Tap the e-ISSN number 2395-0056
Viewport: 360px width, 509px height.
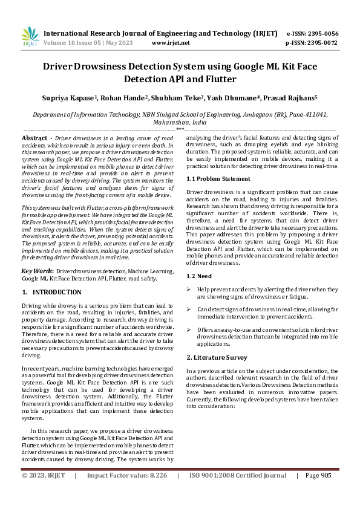point(321,33)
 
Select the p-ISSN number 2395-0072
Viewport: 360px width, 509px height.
point(321,43)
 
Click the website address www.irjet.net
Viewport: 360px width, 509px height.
point(171,43)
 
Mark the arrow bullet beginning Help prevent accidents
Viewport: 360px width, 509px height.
point(189,290)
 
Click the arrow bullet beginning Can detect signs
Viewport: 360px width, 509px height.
point(189,310)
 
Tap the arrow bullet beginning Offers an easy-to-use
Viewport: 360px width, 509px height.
point(189,329)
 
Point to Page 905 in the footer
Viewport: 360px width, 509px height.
point(318,476)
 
